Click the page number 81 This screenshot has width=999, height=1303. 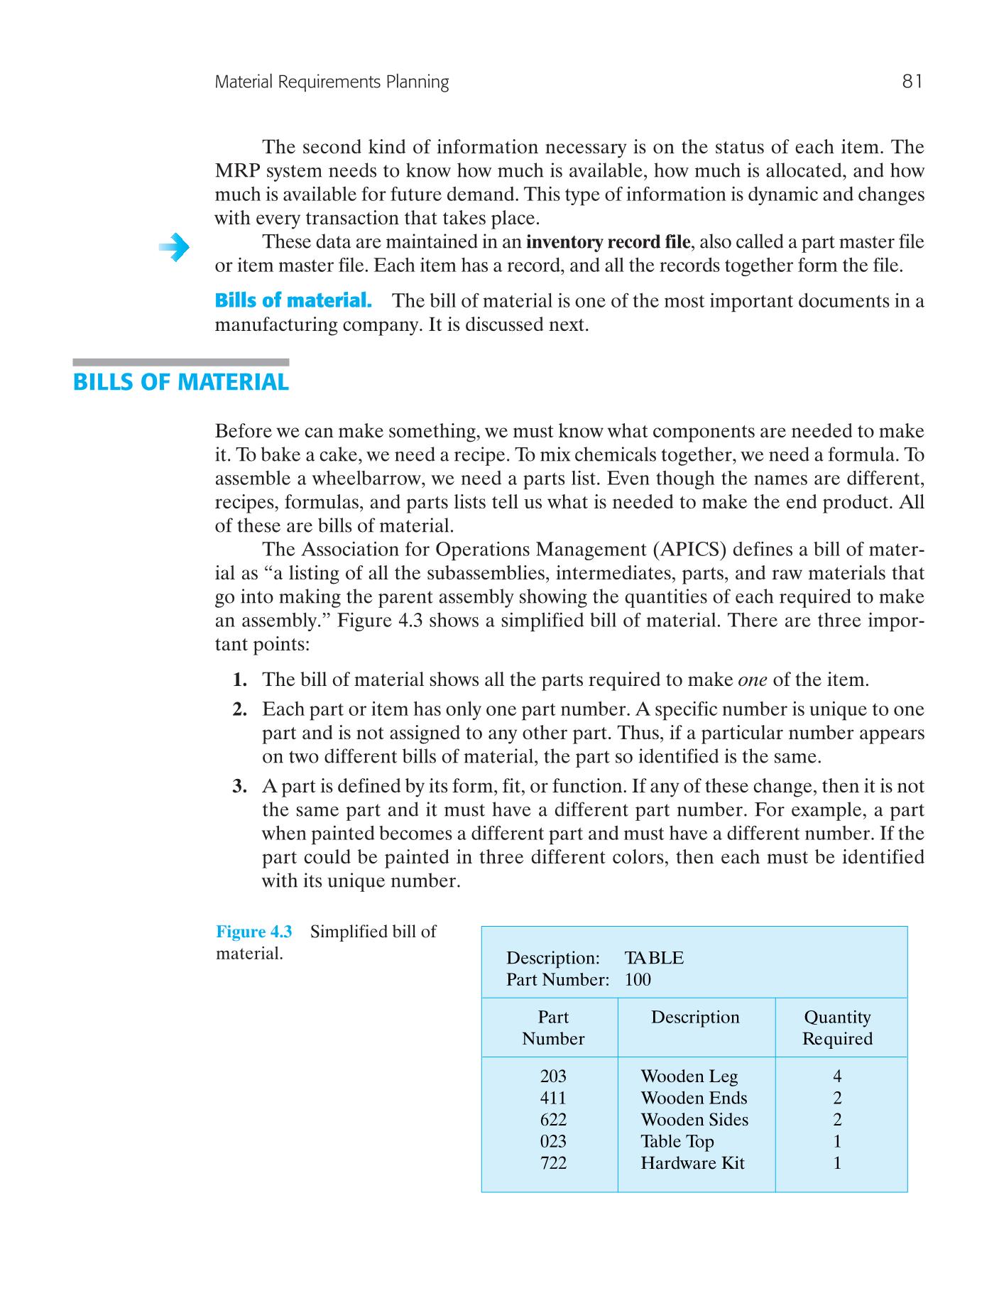click(912, 82)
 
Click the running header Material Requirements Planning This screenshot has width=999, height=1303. click(332, 82)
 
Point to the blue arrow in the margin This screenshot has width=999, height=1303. click(174, 248)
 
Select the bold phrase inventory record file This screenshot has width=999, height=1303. click(607, 242)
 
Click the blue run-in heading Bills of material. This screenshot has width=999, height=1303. click(293, 300)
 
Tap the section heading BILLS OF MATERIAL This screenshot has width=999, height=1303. click(181, 382)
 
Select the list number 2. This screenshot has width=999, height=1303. click(240, 709)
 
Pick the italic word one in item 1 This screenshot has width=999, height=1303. click(753, 680)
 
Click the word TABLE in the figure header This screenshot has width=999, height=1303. click(654, 958)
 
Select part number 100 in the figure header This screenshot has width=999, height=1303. click(638, 980)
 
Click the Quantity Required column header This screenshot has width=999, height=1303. click(837, 1027)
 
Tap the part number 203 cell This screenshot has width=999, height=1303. click(553, 1076)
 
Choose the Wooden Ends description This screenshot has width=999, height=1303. click(694, 1098)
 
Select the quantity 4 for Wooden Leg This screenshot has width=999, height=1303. click(837, 1076)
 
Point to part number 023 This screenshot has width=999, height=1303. click(553, 1141)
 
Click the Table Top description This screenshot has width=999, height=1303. click(677, 1141)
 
